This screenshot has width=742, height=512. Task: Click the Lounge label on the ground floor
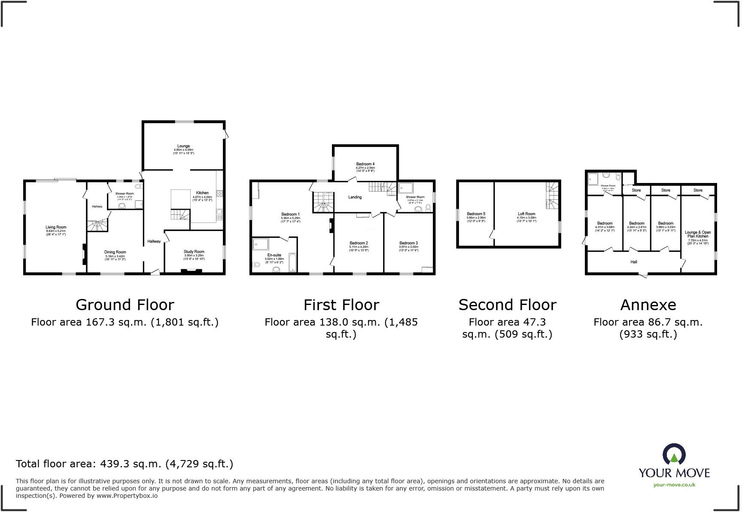(x=183, y=146)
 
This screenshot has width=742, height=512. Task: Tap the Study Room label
(x=194, y=252)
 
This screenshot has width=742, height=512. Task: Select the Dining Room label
(x=115, y=253)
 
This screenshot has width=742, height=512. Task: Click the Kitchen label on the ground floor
(x=202, y=193)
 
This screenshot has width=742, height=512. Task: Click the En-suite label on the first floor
(x=274, y=255)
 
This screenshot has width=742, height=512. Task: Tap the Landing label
(x=355, y=197)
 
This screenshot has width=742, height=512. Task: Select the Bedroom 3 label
(x=408, y=244)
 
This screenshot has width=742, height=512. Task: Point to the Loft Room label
(x=526, y=214)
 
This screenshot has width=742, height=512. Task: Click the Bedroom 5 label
(x=476, y=214)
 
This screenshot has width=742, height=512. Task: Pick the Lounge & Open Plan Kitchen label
(x=698, y=235)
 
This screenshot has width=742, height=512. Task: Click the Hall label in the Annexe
(x=634, y=262)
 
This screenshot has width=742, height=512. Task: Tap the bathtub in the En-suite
(x=293, y=263)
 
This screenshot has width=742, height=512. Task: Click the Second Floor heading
(x=507, y=305)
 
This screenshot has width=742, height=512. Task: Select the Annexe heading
(x=648, y=305)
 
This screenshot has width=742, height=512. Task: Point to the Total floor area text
(x=125, y=464)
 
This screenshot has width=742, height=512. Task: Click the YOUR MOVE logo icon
(x=674, y=454)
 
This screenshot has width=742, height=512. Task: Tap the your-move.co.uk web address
(x=674, y=485)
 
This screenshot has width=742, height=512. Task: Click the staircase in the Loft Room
(x=552, y=195)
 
